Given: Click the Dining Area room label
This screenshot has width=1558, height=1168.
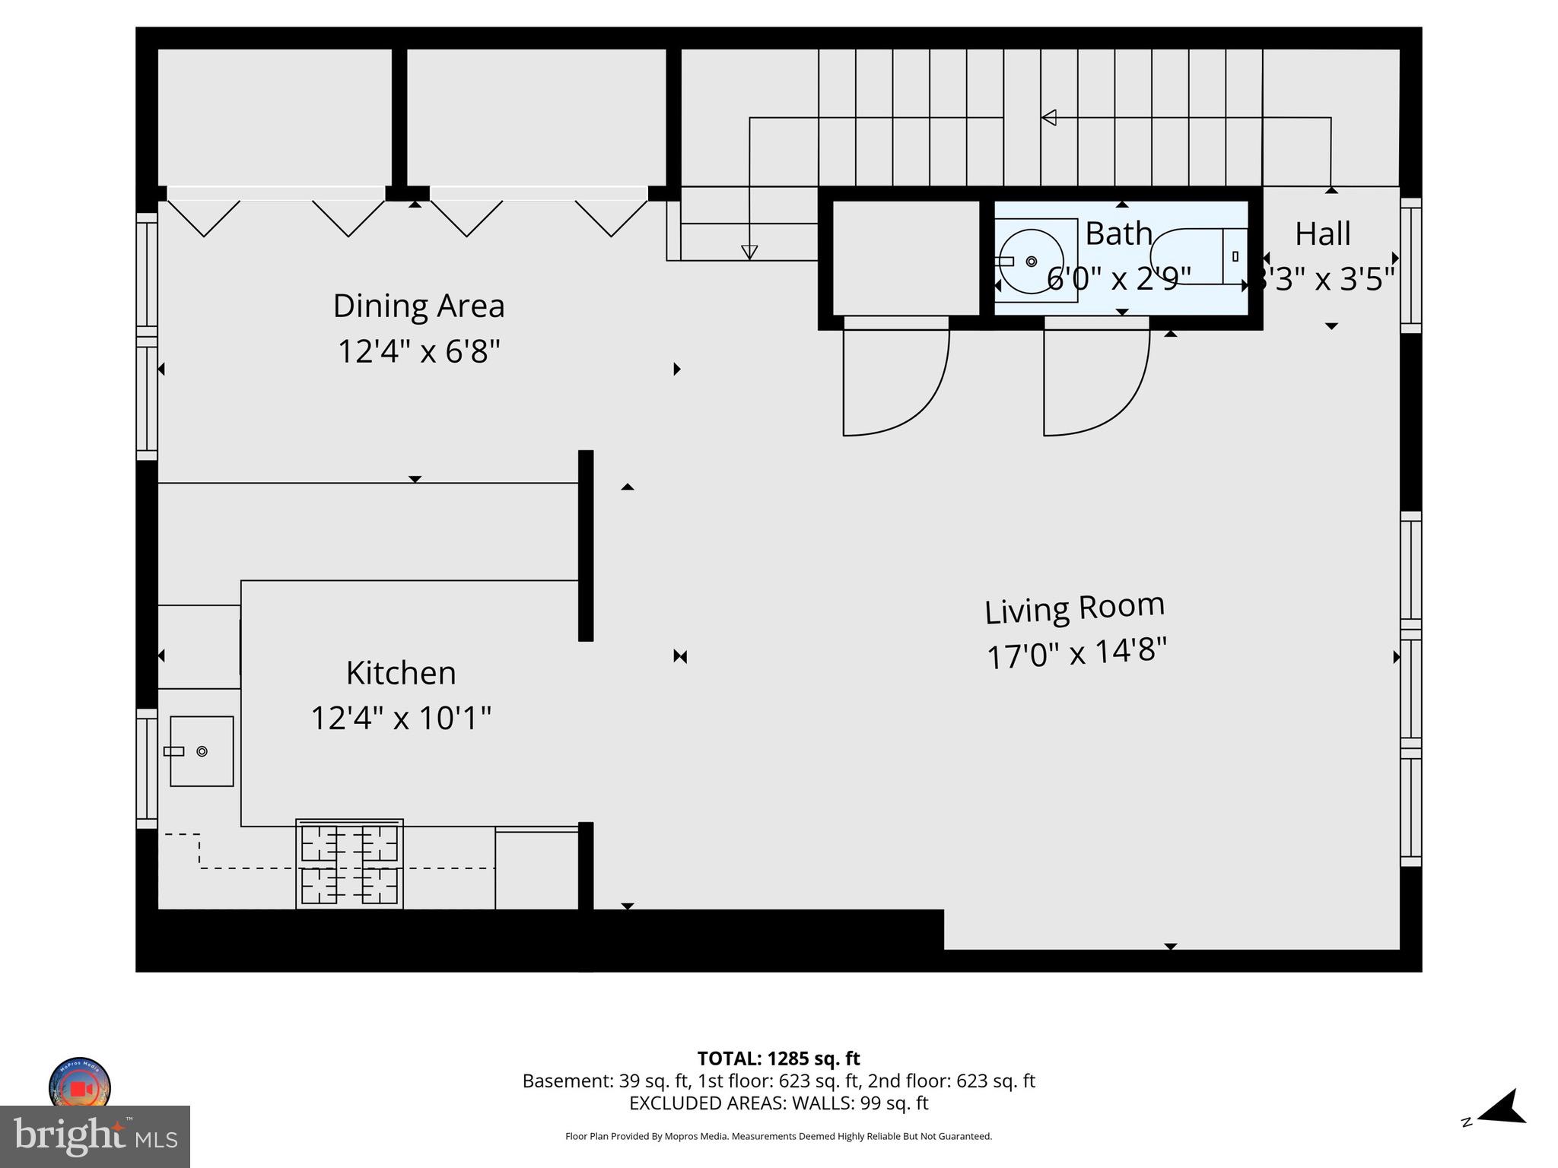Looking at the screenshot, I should coord(418,306).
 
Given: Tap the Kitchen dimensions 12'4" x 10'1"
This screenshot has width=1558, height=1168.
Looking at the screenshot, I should coord(401,718).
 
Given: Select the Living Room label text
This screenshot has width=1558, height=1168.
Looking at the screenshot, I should coord(1074,608).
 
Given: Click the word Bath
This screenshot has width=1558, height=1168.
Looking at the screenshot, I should coord(1118,233).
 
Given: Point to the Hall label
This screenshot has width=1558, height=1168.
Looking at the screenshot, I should coord(1323,233).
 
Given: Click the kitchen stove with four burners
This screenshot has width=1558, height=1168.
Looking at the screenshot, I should coord(349,864).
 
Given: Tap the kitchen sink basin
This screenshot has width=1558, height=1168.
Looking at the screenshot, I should coord(202,751).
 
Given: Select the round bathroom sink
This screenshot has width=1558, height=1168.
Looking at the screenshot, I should coord(1032,261).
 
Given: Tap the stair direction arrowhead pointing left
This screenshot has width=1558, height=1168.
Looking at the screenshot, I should coord(1049,118).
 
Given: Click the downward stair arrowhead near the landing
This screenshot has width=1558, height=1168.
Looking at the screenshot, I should coord(749,252).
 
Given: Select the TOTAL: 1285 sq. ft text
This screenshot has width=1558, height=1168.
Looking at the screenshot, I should coord(778,1058).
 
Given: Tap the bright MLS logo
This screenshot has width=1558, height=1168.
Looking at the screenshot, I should coord(94,1137).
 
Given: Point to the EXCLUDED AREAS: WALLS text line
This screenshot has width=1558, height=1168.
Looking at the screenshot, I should coord(778,1103).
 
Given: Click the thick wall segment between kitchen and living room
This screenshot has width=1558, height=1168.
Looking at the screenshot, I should coord(586,545).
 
